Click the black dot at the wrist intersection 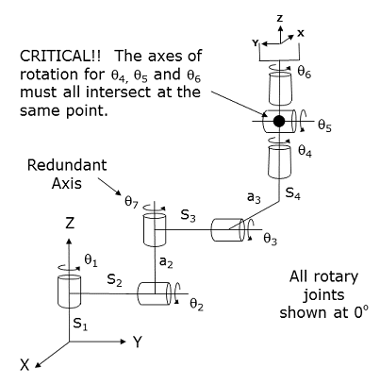(x=279, y=121)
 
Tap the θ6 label (x=304, y=73)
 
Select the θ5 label (x=324, y=125)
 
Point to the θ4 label (x=305, y=151)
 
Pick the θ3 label (x=270, y=240)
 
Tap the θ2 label (x=196, y=305)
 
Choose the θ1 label (x=91, y=260)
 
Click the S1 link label (x=80, y=324)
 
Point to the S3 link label (x=188, y=216)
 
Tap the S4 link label (x=292, y=193)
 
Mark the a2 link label (x=166, y=262)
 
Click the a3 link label (x=254, y=198)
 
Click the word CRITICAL (x=56, y=56)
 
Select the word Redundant (x=67, y=165)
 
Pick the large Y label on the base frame (x=137, y=342)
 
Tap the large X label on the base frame (x=25, y=365)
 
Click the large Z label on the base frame (x=70, y=224)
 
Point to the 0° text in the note (x=360, y=312)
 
